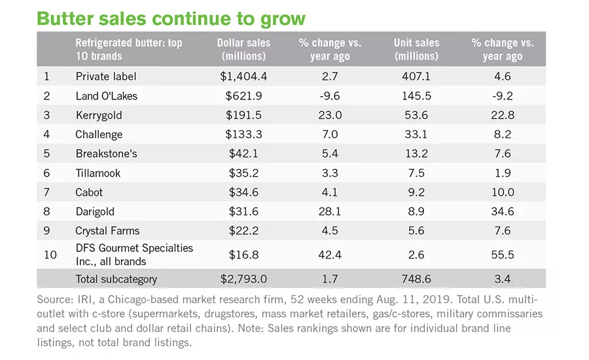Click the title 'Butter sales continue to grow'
(x=171, y=19)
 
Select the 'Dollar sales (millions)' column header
(x=243, y=49)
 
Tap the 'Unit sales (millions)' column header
(x=416, y=49)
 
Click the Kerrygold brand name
(x=99, y=115)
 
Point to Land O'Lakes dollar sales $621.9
(x=243, y=96)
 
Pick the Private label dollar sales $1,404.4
(x=243, y=77)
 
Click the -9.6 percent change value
(x=330, y=96)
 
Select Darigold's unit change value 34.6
(x=503, y=211)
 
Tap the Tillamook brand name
(x=98, y=173)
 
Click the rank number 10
(x=50, y=255)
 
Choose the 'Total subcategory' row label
(x=116, y=279)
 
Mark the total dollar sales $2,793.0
(x=243, y=279)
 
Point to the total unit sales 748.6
(x=416, y=279)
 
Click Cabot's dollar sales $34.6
(x=243, y=192)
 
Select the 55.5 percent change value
(x=503, y=255)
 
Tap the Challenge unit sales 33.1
(x=416, y=134)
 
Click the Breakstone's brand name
(x=106, y=153)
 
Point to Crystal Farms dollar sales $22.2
(x=243, y=230)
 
